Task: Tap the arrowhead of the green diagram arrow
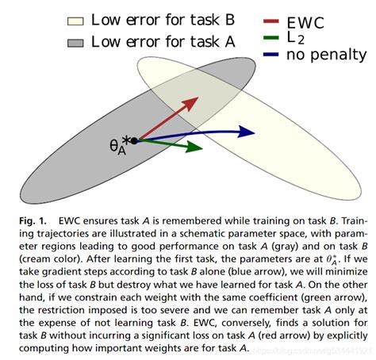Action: [x=193, y=148]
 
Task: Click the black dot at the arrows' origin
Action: [x=134, y=140]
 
